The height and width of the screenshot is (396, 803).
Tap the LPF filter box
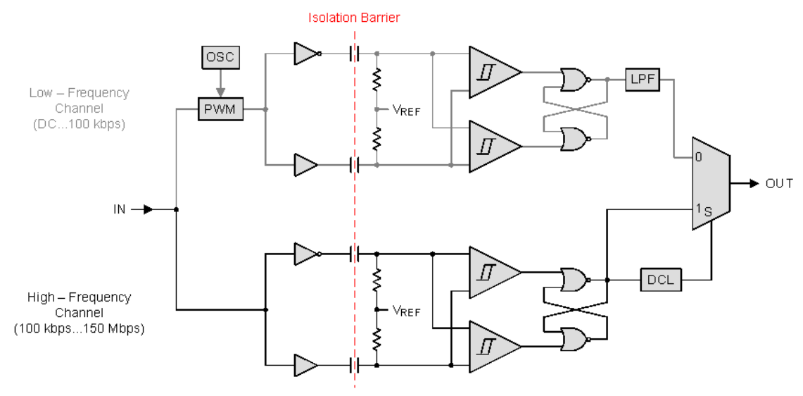[642, 80]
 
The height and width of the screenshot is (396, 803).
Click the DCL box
[659, 280]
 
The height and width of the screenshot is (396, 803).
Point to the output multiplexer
[711, 184]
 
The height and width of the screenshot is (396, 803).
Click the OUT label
[779, 184]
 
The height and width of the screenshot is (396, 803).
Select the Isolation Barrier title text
[354, 18]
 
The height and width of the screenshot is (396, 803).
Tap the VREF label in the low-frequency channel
[406, 110]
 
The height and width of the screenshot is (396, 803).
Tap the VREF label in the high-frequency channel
[406, 310]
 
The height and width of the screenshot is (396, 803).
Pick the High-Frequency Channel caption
[79, 313]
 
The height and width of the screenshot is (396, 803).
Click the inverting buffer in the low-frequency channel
[305, 52]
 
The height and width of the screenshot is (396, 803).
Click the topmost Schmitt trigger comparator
[493, 73]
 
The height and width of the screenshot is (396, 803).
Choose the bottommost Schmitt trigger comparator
[493, 346]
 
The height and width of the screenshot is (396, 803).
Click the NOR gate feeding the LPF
[574, 80]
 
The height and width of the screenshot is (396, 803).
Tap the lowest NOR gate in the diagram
[574, 339]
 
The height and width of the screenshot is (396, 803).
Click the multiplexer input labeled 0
[699, 157]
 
